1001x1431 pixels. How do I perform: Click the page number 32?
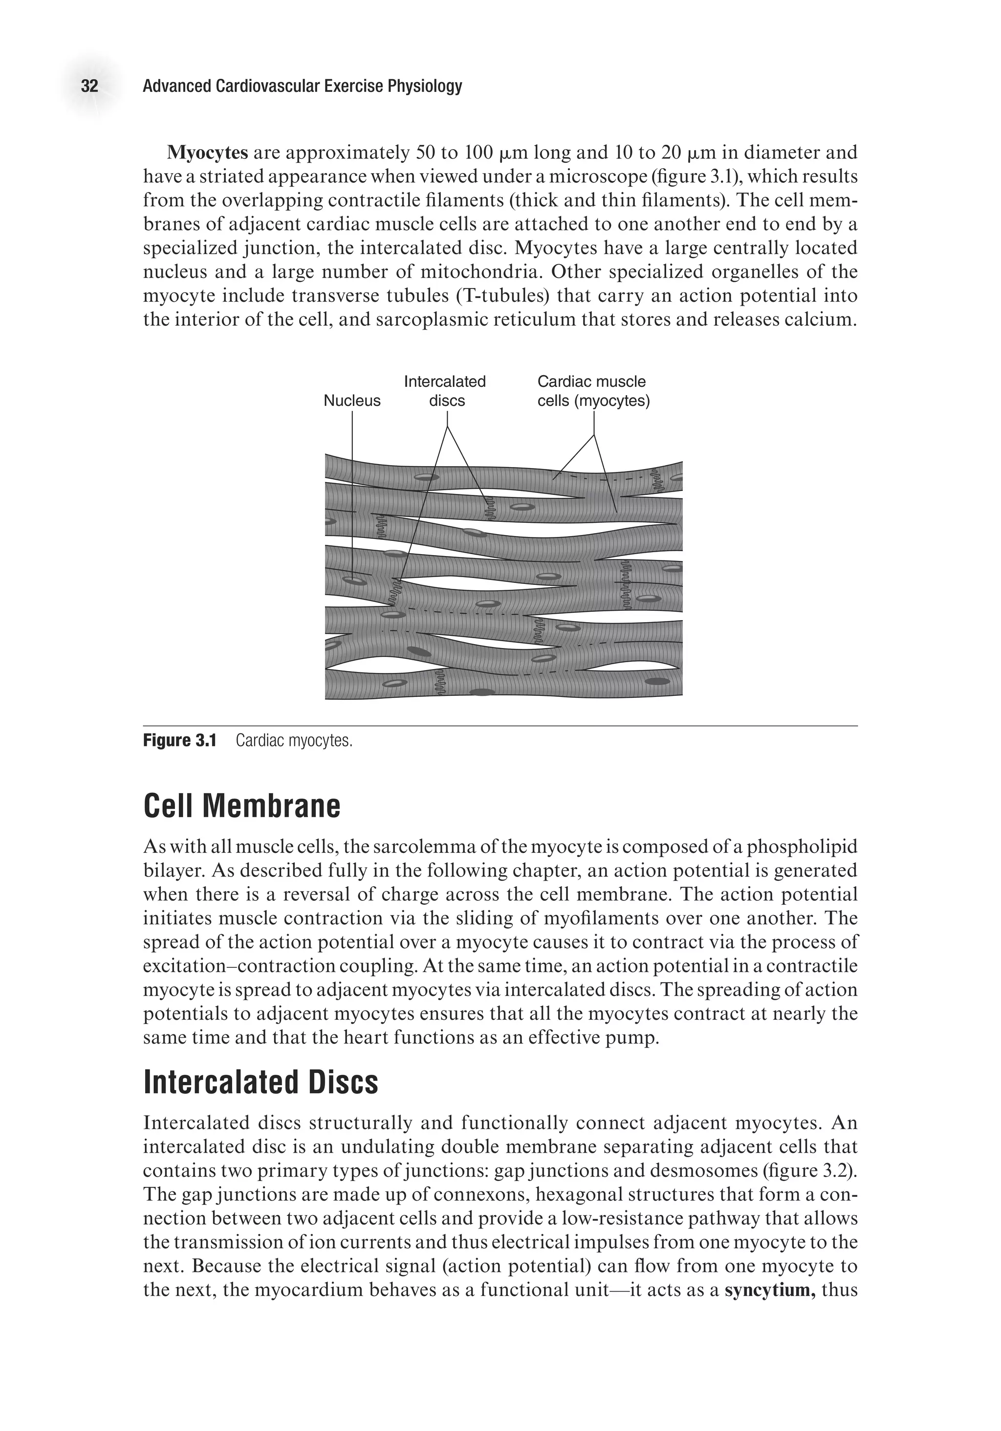[x=90, y=86]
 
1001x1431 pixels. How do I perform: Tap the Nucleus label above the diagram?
[x=351, y=401]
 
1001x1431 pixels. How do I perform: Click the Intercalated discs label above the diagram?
[x=445, y=391]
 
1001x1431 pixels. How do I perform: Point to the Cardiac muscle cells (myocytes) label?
[x=593, y=391]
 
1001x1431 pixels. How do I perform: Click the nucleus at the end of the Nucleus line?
[x=354, y=580]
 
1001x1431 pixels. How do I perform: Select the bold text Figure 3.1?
[x=179, y=740]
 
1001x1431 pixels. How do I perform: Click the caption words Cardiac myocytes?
[x=294, y=740]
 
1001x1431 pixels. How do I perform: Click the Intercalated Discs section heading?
[x=261, y=1083]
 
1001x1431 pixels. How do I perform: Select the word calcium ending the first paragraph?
[x=822, y=320]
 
